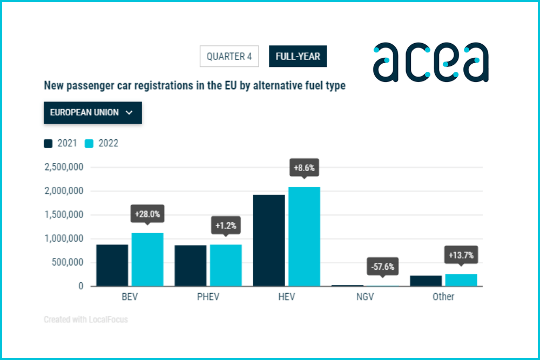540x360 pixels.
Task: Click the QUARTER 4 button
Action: [x=229, y=57]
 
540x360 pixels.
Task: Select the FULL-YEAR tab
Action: [x=298, y=57]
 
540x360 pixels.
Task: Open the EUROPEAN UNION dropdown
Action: [x=92, y=113]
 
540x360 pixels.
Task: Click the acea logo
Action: [x=430, y=62]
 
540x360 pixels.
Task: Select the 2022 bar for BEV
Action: [x=147, y=259]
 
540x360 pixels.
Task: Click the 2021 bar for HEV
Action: [x=269, y=240]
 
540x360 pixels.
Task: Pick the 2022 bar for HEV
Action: [x=304, y=236]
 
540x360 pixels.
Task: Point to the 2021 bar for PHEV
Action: [x=190, y=266]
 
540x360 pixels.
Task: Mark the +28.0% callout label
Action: [x=147, y=214]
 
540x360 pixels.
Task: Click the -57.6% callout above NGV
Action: [x=383, y=266]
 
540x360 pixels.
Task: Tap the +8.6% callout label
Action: [x=304, y=168]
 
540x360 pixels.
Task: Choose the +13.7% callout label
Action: [x=461, y=255]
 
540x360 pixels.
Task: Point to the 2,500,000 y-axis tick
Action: [x=63, y=167]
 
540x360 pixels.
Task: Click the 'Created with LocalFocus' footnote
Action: [x=85, y=320]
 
